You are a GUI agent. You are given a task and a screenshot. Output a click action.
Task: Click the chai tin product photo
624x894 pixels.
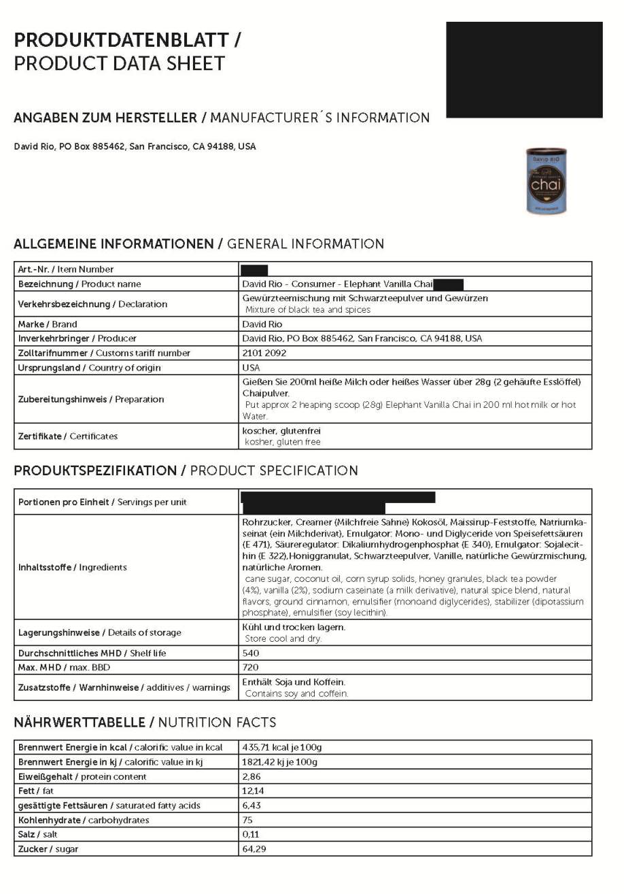[546, 181]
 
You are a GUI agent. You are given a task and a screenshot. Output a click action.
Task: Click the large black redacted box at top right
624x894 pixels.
[524, 69]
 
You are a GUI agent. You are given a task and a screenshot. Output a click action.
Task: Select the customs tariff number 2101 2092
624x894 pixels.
[264, 353]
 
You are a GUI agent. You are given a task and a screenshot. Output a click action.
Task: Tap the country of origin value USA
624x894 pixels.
[251, 368]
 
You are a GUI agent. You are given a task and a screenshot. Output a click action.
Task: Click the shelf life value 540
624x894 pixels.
[251, 653]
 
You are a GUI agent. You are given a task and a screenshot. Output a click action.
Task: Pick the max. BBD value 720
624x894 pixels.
[251, 668]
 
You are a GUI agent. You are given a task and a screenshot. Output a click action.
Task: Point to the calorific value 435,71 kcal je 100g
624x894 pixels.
[281, 747]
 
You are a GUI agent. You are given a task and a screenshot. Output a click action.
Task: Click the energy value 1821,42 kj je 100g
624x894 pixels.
[279, 762]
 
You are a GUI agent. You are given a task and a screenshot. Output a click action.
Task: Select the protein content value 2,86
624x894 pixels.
[252, 776]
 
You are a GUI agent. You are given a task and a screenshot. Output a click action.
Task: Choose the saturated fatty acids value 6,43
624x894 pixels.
[252, 806]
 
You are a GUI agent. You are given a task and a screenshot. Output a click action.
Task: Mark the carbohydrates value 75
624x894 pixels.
[247, 820]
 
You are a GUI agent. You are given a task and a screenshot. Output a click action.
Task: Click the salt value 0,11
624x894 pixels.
[251, 834]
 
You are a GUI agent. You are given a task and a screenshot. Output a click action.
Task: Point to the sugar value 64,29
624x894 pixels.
[254, 849]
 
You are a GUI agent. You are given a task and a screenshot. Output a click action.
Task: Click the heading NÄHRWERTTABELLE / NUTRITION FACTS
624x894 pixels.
[145, 722]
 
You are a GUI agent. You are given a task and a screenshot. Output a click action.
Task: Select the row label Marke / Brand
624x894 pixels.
[48, 324]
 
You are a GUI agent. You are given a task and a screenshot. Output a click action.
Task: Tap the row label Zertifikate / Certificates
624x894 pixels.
[68, 436]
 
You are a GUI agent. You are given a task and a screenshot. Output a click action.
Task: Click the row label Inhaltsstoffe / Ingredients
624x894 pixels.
[73, 567]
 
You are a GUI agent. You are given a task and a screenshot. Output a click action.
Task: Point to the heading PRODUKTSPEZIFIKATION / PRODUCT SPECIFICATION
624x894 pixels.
[186, 470]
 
